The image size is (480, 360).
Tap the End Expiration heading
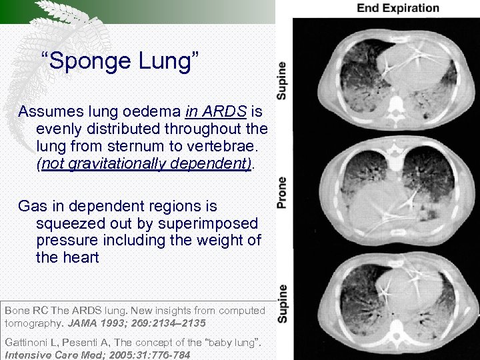398,8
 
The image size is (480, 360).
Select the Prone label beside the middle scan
282,193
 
